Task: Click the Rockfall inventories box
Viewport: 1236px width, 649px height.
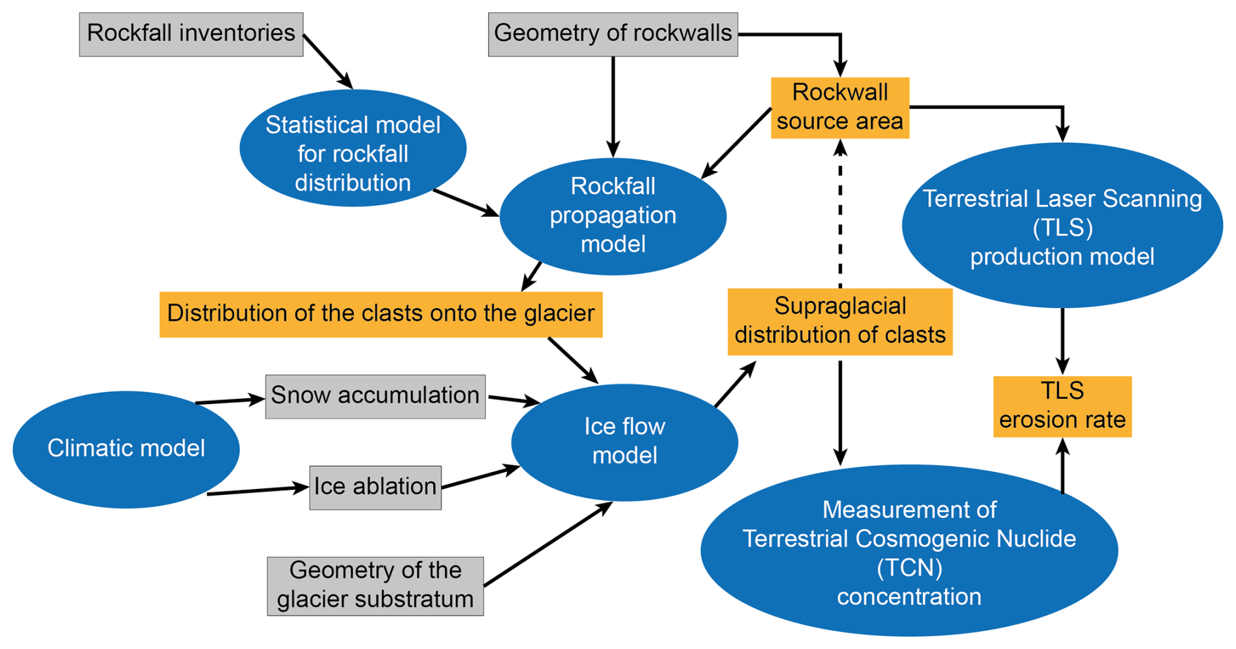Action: pos(191,34)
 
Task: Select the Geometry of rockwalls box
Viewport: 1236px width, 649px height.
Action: pos(612,34)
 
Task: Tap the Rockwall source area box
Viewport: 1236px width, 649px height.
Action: pos(839,108)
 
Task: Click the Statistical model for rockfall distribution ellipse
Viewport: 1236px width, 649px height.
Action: pos(353,149)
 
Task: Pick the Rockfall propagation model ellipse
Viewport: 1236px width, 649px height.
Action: pos(613,216)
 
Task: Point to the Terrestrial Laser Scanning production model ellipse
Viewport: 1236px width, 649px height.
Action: pos(1062,226)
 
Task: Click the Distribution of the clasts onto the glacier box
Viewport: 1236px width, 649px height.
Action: pos(381,314)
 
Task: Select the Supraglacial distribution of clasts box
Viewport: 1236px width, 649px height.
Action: pos(839,321)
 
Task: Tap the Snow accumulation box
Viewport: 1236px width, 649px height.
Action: pos(375,396)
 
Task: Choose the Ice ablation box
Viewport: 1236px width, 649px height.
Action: pos(375,487)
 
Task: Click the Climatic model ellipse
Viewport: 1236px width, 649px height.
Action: pos(126,449)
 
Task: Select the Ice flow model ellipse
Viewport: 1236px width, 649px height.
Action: pos(625,442)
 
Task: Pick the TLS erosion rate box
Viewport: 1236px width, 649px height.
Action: pos(1062,406)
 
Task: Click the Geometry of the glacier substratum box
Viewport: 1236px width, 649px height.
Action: pos(375,586)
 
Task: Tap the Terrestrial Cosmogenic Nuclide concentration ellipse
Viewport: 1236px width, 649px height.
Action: pos(909,552)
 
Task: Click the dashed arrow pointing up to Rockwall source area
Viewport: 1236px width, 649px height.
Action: pos(840,215)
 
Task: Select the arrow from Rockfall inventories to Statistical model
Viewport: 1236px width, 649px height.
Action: pos(328,61)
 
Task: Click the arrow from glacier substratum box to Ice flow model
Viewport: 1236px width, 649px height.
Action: pos(547,544)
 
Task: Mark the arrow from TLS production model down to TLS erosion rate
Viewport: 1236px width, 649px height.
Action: pos(1062,341)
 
